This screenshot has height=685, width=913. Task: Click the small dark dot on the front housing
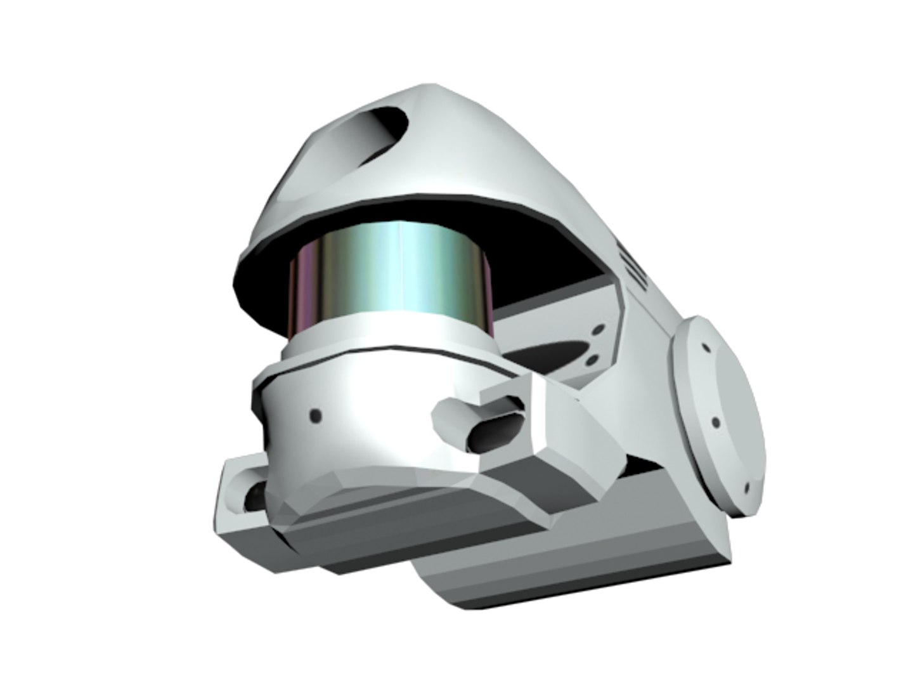tap(315, 415)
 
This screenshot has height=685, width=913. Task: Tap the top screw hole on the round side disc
tap(705, 347)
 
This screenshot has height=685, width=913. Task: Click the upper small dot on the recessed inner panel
tap(597, 331)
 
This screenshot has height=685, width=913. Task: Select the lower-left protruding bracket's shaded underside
tap(247, 539)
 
